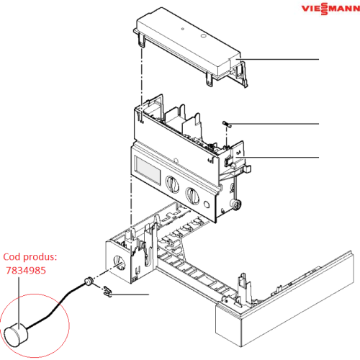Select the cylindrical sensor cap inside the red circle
pos(16,333)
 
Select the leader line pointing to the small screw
pos(277,125)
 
